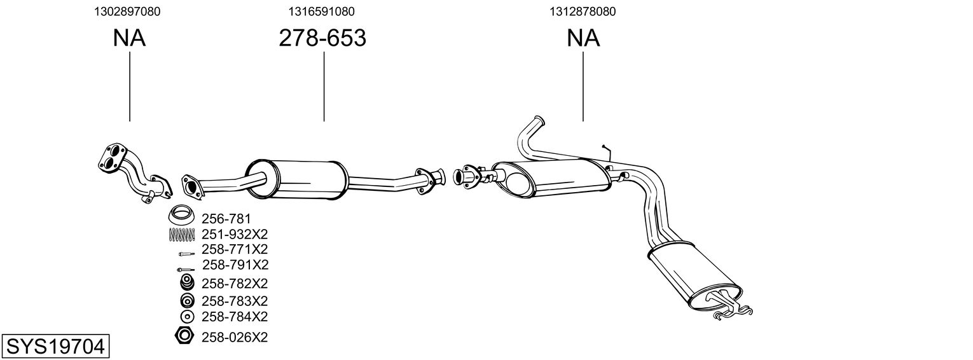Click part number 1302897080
pyautogui.click(x=127, y=11)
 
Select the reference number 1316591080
pyautogui.click(x=321, y=11)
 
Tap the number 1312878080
pyautogui.click(x=583, y=11)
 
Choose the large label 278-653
pyautogui.click(x=322, y=38)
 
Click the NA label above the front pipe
pyautogui.click(x=129, y=38)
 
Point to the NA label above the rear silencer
pyautogui.click(x=583, y=38)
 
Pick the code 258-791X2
pyautogui.click(x=235, y=264)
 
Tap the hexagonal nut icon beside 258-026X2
pyautogui.click(x=184, y=336)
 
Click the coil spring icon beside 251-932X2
pyautogui.click(x=182, y=235)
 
